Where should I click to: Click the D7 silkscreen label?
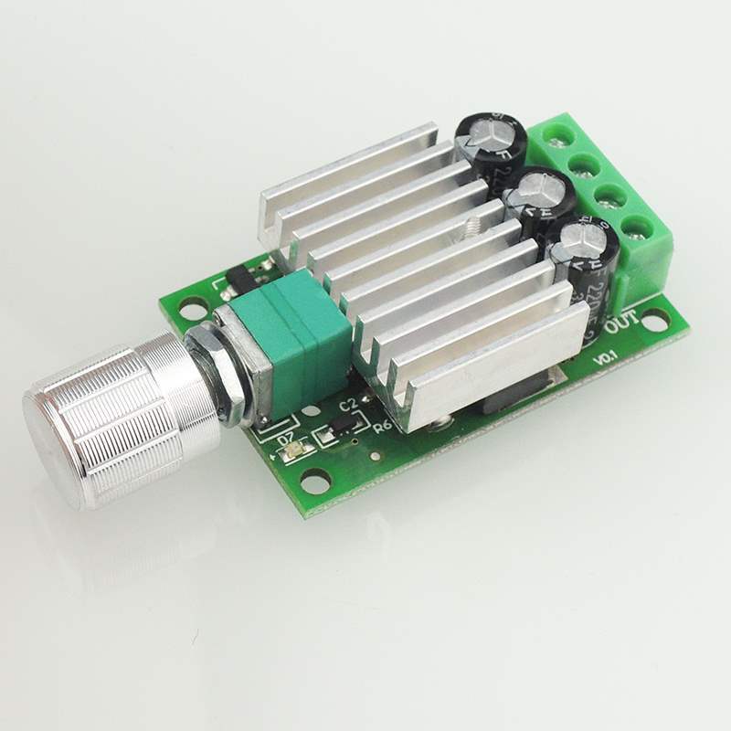tap(284, 438)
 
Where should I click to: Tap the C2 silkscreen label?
tap(347, 403)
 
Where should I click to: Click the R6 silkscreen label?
tap(383, 426)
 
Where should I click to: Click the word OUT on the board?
tap(623, 323)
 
